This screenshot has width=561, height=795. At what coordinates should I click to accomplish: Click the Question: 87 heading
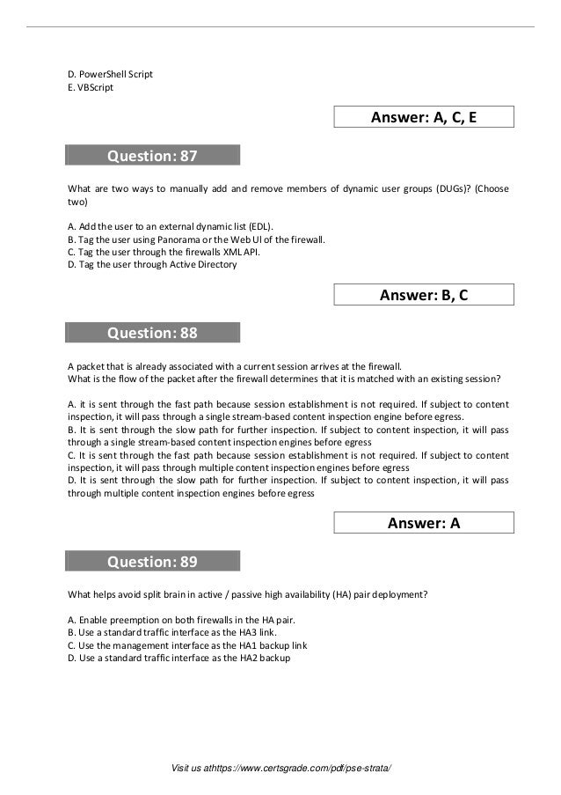click(x=152, y=157)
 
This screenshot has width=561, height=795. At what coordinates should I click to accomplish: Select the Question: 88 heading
click(x=152, y=333)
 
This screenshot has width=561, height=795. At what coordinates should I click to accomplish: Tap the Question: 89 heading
click(x=152, y=562)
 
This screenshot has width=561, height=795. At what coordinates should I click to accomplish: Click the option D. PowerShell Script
click(x=110, y=74)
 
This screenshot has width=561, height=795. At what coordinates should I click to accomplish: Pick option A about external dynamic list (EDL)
click(x=171, y=225)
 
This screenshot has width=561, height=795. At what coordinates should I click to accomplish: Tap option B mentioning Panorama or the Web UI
click(x=196, y=238)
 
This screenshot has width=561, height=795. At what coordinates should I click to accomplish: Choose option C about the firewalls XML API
click(x=164, y=251)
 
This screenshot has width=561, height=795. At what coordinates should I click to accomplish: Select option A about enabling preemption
click(x=175, y=620)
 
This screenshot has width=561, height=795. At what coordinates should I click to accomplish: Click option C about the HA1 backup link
click(x=187, y=645)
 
